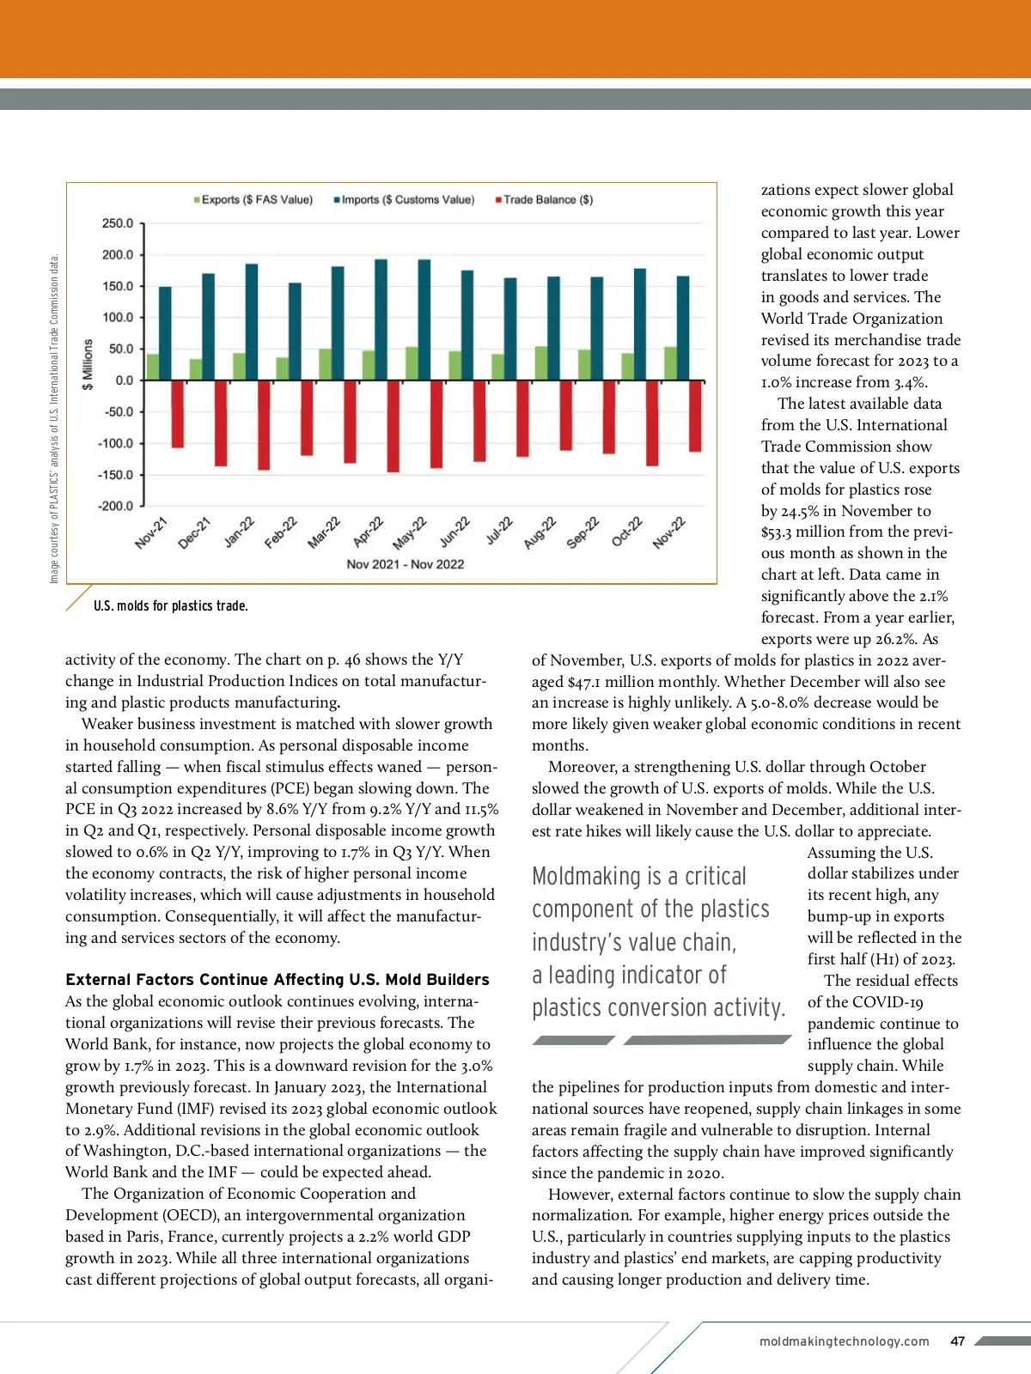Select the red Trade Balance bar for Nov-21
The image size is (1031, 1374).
click(177, 413)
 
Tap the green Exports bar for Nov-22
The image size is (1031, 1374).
click(670, 363)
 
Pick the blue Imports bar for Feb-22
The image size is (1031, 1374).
click(295, 331)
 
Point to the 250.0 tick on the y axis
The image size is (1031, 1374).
click(118, 223)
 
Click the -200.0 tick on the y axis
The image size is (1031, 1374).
click(116, 506)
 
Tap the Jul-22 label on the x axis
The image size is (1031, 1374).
click(499, 531)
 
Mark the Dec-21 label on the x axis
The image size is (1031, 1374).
click(195, 533)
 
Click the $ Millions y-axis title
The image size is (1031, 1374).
click(88, 364)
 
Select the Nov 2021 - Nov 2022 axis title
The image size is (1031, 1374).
click(405, 564)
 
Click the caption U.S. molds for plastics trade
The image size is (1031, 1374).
click(170, 606)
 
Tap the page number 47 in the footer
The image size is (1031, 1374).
click(958, 1341)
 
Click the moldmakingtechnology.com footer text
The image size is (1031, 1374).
click(844, 1341)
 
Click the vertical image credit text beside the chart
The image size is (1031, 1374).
click(54, 418)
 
